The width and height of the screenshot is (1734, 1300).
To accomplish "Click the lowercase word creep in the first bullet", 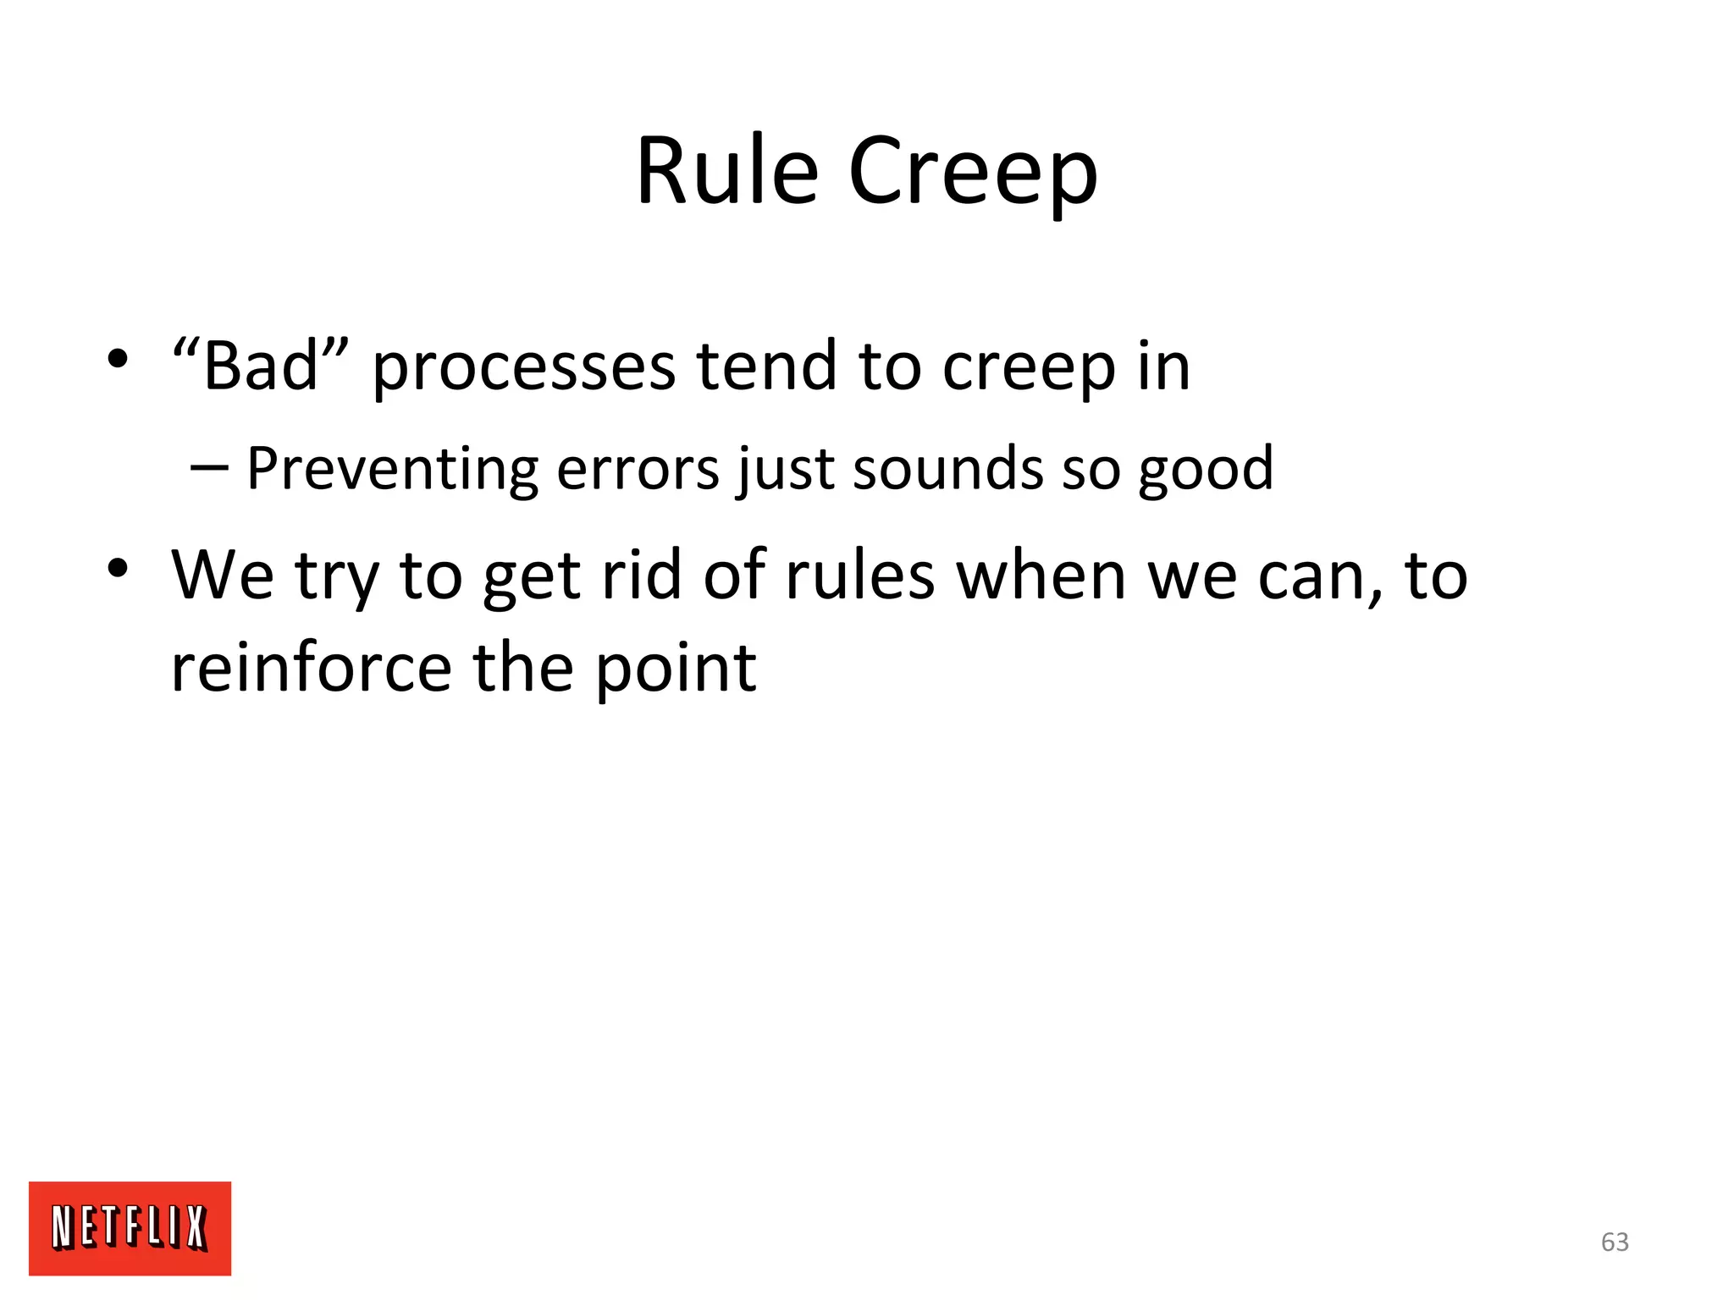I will (1029, 368).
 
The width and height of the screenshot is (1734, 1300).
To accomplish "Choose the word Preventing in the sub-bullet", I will (392, 468).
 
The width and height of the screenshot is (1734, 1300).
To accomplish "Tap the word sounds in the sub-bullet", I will (947, 468).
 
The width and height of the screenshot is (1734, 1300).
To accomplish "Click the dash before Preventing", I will (210, 467).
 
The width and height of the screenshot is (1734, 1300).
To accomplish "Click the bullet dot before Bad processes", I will (117, 360).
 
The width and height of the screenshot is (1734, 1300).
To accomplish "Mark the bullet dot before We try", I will (117, 568).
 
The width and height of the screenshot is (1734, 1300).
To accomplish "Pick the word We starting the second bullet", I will (222, 576).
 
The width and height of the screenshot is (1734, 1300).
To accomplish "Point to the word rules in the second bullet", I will (859, 576).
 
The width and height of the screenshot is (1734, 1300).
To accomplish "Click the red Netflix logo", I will (130, 1227).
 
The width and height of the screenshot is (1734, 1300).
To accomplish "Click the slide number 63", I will (1615, 1242).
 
